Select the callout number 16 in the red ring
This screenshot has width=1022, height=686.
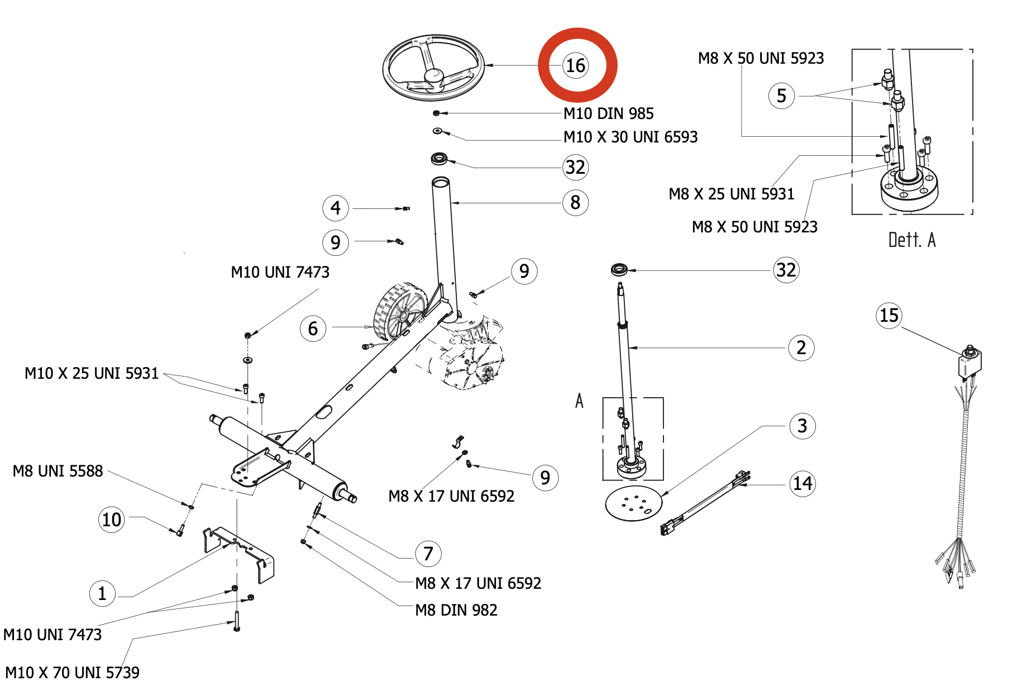(x=576, y=65)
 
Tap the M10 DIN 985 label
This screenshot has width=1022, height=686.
(x=608, y=113)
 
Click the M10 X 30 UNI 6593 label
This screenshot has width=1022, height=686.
(x=631, y=137)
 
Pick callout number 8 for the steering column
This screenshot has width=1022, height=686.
(x=575, y=202)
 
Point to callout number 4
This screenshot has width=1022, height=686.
(x=336, y=208)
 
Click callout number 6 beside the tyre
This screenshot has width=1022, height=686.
(x=313, y=328)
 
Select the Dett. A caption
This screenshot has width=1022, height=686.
(x=912, y=240)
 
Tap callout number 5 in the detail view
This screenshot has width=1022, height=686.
(x=782, y=96)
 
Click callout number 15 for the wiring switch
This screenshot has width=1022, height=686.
(x=889, y=316)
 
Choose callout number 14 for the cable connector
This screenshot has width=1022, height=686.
(x=803, y=483)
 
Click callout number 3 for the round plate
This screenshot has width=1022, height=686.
(x=803, y=426)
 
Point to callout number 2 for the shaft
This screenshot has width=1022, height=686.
(x=801, y=347)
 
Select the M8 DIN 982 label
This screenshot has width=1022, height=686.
(x=456, y=610)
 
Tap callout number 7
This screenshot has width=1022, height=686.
(x=428, y=554)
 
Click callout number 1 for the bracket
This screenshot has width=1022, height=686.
(x=102, y=593)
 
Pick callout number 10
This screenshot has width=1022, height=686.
(x=112, y=520)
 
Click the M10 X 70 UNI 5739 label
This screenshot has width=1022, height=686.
(x=72, y=672)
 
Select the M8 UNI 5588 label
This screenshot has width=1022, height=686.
(x=58, y=471)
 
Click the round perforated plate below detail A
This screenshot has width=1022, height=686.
(x=634, y=503)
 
